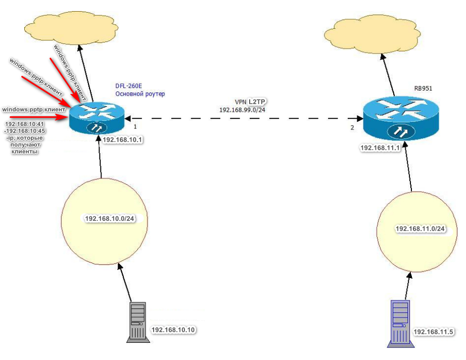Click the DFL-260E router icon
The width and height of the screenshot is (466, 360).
point(96,118)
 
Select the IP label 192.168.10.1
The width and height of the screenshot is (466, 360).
point(121,138)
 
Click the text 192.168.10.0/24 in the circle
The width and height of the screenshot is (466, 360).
point(110,218)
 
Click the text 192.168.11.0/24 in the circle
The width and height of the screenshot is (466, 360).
point(420,229)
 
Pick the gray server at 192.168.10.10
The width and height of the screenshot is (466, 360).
point(136,322)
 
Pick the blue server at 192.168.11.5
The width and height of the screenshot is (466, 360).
point(400,324)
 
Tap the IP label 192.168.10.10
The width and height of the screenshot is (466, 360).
point(173,330)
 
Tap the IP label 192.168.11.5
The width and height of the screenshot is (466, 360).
point(434,332)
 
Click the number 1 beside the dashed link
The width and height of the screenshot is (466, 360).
point(135,125)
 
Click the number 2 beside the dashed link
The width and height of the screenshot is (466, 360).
point(352,127)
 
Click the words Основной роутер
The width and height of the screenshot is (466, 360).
point(140,94)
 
